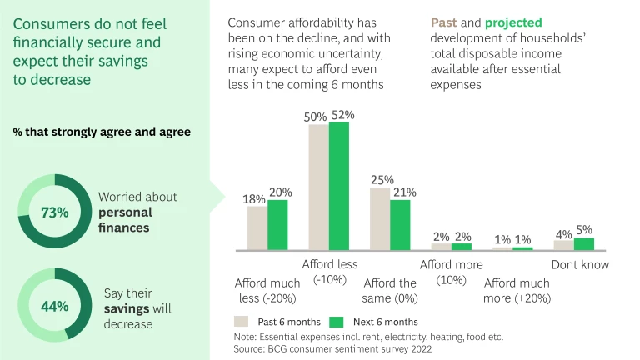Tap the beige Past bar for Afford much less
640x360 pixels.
[257, 227]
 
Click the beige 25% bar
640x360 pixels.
[380, 218]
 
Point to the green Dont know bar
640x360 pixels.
[584, 243]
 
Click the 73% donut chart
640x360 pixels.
[54, 212]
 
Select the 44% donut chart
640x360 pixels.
[54, 305]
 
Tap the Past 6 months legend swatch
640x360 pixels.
[242, 321]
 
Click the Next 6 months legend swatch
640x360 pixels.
[337, 321]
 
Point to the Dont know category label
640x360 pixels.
[580, 265]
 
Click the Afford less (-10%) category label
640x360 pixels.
[330, 272]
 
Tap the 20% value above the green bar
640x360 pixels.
[280, 192]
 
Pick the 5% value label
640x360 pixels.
[584, 230]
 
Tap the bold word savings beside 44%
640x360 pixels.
[126, 308]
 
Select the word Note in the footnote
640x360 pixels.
[247, 337]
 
